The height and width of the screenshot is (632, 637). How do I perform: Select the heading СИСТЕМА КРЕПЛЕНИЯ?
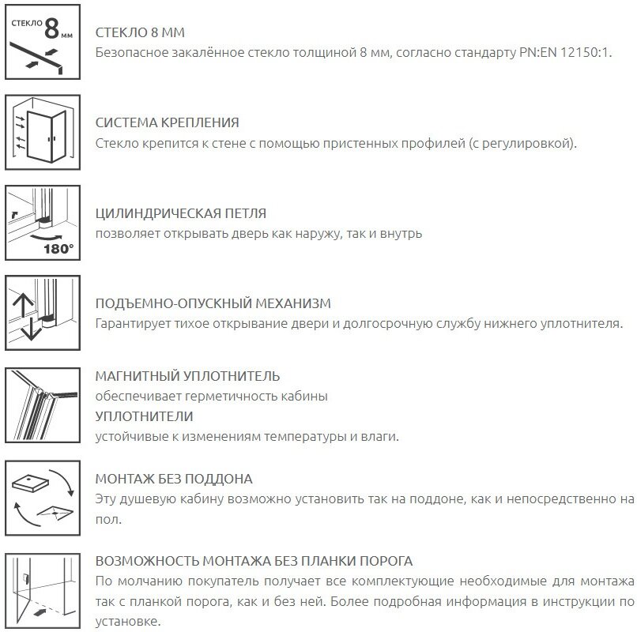click(x=167, y=123)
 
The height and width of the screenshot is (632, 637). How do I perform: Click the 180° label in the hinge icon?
click(x=58, y=248)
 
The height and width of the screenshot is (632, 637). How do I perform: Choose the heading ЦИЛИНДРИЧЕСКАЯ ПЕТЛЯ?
click(x=180, y=213)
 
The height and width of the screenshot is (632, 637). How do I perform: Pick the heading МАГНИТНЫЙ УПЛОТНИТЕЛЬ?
click(x=187, y=376)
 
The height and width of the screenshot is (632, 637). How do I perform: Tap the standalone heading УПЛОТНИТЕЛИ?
click(x=144, y=416)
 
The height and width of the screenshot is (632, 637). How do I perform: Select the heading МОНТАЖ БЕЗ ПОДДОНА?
click(x=173, y=479)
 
